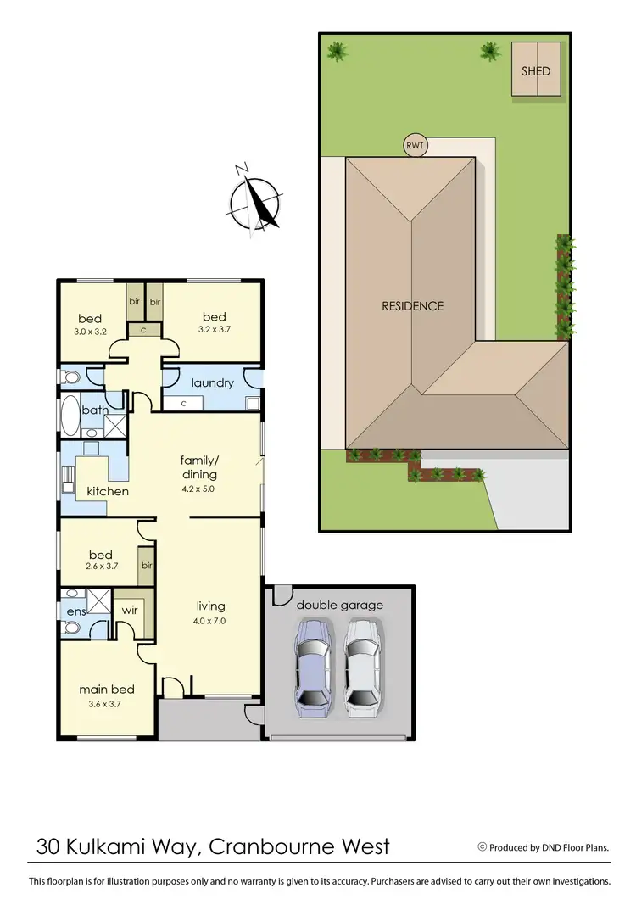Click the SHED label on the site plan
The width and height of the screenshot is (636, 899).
click(536, 71)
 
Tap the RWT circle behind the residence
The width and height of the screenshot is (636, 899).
click(415, 146)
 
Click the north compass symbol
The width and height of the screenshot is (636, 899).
click(254, 200)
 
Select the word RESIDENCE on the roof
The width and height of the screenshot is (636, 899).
click(412, 306)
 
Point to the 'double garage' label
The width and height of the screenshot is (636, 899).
click(339, 605)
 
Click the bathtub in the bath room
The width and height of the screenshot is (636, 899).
click(69, 414)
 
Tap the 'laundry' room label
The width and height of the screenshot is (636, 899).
click(212, 383)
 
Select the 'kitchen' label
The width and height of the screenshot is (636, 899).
click(108, 491)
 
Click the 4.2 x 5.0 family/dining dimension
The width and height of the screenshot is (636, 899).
click(198, 489)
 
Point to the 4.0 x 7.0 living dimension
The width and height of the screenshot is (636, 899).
click(210, 620)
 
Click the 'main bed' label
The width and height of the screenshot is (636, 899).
click(107, 690)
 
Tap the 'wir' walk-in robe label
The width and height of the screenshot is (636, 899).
click(130, 609)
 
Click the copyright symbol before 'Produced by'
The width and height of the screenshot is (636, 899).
click(483, 846)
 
